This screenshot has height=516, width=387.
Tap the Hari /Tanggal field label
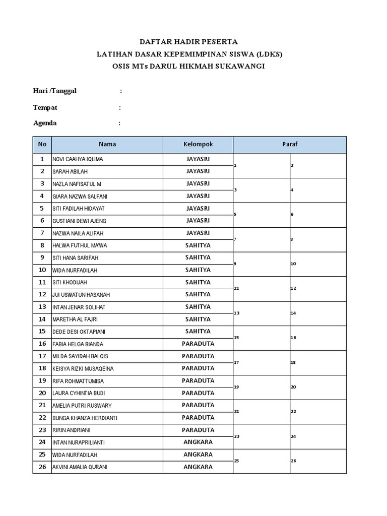[x=55, y=91]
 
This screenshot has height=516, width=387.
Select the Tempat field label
[x=45, y=107]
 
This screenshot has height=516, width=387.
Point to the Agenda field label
[x=45, y=123]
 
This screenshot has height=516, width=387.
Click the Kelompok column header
[x=198, y=144]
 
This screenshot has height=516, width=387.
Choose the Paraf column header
[x=290, y=144]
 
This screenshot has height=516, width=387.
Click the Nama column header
[x=107, y=144]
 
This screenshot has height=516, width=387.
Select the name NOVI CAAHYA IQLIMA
[x=78, y=159]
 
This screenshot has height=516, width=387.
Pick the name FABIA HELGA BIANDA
[x=78, y=344]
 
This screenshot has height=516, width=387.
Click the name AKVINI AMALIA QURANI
[x=80, y=467]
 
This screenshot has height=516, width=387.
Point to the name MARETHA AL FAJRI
[x=75, y=319]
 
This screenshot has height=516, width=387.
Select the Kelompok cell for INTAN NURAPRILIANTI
[x=198, y=442]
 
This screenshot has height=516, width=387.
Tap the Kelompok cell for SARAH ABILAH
[x=198, y=171]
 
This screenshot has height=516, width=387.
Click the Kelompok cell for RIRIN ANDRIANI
[x=198, y=430]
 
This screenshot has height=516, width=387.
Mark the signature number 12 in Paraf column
[x=293, y=288]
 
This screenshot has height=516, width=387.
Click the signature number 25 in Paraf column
[x=236, y=461]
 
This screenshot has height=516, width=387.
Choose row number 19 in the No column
[x=42, y=380]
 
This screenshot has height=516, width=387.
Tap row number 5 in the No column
[x=42, y=208]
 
